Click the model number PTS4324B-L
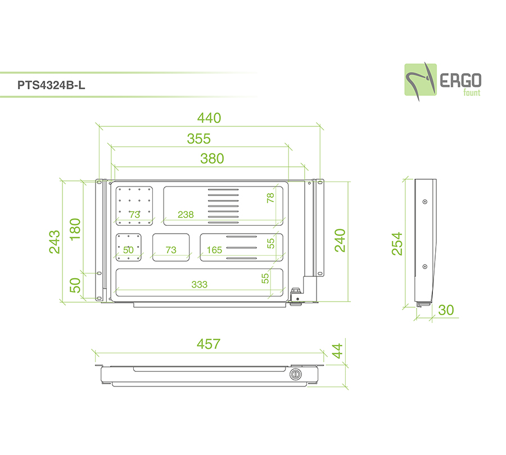tap(51, 85)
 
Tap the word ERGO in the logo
tap(460, 81)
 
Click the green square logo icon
tap(421, 80)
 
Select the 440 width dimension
tap(209, 118)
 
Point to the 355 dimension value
tap(199, 139)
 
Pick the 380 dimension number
tap(212, 158)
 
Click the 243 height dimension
tap(55, 242)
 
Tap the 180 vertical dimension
tap(75, 229)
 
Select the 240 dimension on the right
tap(340, 240)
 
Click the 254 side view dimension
tap(397, 244)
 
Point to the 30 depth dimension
tap(446, 310)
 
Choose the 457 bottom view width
tap(209, 344)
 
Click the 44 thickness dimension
tap(337, 351)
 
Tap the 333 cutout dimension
tap(200, 284)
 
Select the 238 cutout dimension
tap(186, 215)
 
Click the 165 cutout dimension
tap(214, 250)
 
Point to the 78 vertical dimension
tap(270, 198)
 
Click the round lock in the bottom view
tap(295, 374)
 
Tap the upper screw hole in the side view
tap(425, 202)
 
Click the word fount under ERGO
tap(472, 93)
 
